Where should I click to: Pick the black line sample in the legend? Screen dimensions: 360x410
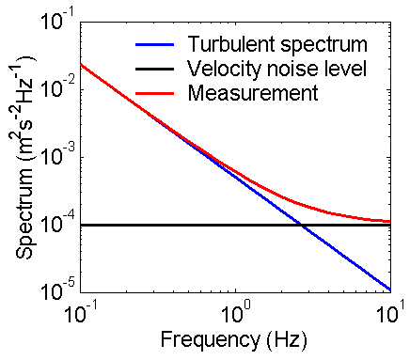coord(154,69)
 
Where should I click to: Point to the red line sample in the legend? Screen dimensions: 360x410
coord(154,92)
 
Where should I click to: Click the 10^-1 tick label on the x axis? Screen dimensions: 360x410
coord(83,311)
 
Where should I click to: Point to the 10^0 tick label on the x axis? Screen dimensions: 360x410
coord(236,311)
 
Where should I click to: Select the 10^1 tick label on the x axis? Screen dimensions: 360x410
coord(388,311)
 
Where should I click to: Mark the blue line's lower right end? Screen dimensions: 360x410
coord(389,290)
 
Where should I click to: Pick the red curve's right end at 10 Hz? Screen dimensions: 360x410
coord(389,221)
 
